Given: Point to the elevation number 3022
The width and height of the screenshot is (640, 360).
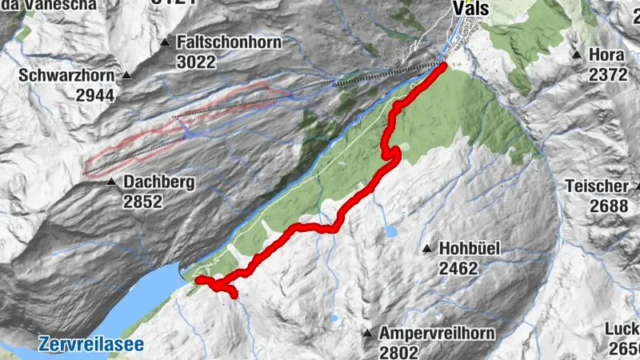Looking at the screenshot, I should click(x=197, y=61).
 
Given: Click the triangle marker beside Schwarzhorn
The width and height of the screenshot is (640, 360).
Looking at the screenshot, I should click(x=126, y=76).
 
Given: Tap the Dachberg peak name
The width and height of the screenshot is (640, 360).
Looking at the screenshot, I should click(x=159, y=182).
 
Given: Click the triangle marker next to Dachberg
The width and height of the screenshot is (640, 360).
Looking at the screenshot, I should click(x=111, y=182).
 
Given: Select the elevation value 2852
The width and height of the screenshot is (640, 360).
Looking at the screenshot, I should click(x=142, y=202).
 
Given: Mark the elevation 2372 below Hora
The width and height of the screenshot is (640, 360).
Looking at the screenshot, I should click(x=608, y=74).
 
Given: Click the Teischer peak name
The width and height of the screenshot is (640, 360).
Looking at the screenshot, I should click(x=596, y=186).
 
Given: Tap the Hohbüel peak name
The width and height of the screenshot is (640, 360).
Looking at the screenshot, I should click(x=470, y=249).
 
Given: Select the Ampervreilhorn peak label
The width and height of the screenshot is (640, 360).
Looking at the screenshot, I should click(x=438, y=333).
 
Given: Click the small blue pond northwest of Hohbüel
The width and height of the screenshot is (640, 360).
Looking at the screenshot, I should click(x=390, y=231).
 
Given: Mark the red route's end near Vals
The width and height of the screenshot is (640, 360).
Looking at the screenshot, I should click(x=442, y=66).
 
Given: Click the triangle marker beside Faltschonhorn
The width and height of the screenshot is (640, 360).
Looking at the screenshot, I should click(x=166, y=42).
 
